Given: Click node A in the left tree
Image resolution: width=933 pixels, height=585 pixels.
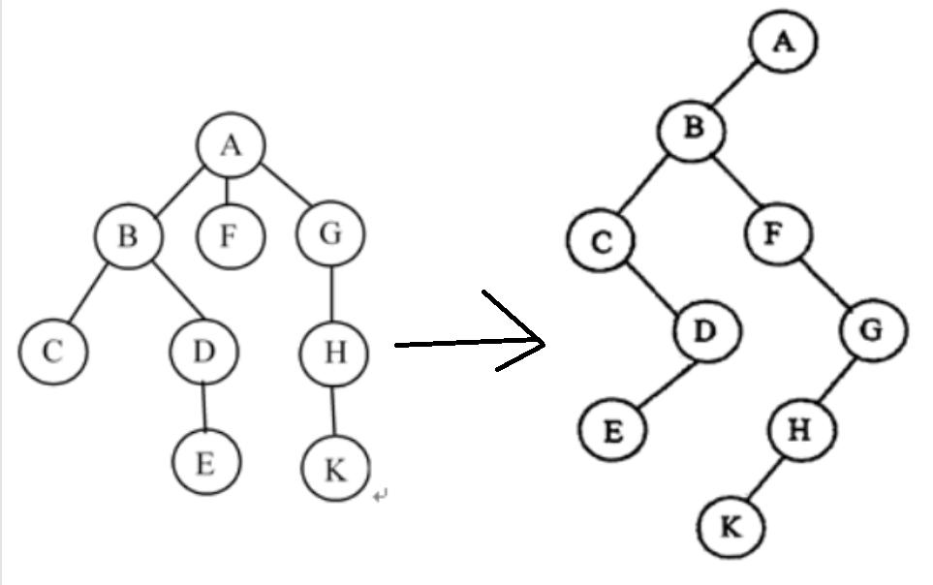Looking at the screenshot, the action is coord(230,145).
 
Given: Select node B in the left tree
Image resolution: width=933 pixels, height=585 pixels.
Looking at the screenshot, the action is coord(129,235).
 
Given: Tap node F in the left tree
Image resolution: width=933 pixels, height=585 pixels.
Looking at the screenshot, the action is coord(229,235).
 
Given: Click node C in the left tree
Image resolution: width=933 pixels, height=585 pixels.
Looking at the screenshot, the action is coord(52,351).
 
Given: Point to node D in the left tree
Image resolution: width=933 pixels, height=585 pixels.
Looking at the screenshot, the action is coord(202,351).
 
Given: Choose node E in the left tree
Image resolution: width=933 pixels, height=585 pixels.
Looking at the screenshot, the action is coord(204,463).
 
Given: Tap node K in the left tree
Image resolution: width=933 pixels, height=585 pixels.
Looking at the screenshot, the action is coord(335,470).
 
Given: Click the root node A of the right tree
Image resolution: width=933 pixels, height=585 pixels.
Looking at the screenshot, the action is coord(783,43).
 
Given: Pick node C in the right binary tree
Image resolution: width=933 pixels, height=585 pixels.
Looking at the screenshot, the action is coord(601,241).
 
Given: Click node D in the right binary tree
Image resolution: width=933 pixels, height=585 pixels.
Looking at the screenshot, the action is coord(707,330).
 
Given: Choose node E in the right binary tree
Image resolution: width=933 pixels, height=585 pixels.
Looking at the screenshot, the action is coord(613,430).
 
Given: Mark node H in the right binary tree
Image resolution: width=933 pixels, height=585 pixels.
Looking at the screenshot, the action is coord(801,430).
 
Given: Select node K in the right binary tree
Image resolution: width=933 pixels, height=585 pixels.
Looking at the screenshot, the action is coord(731,527).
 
